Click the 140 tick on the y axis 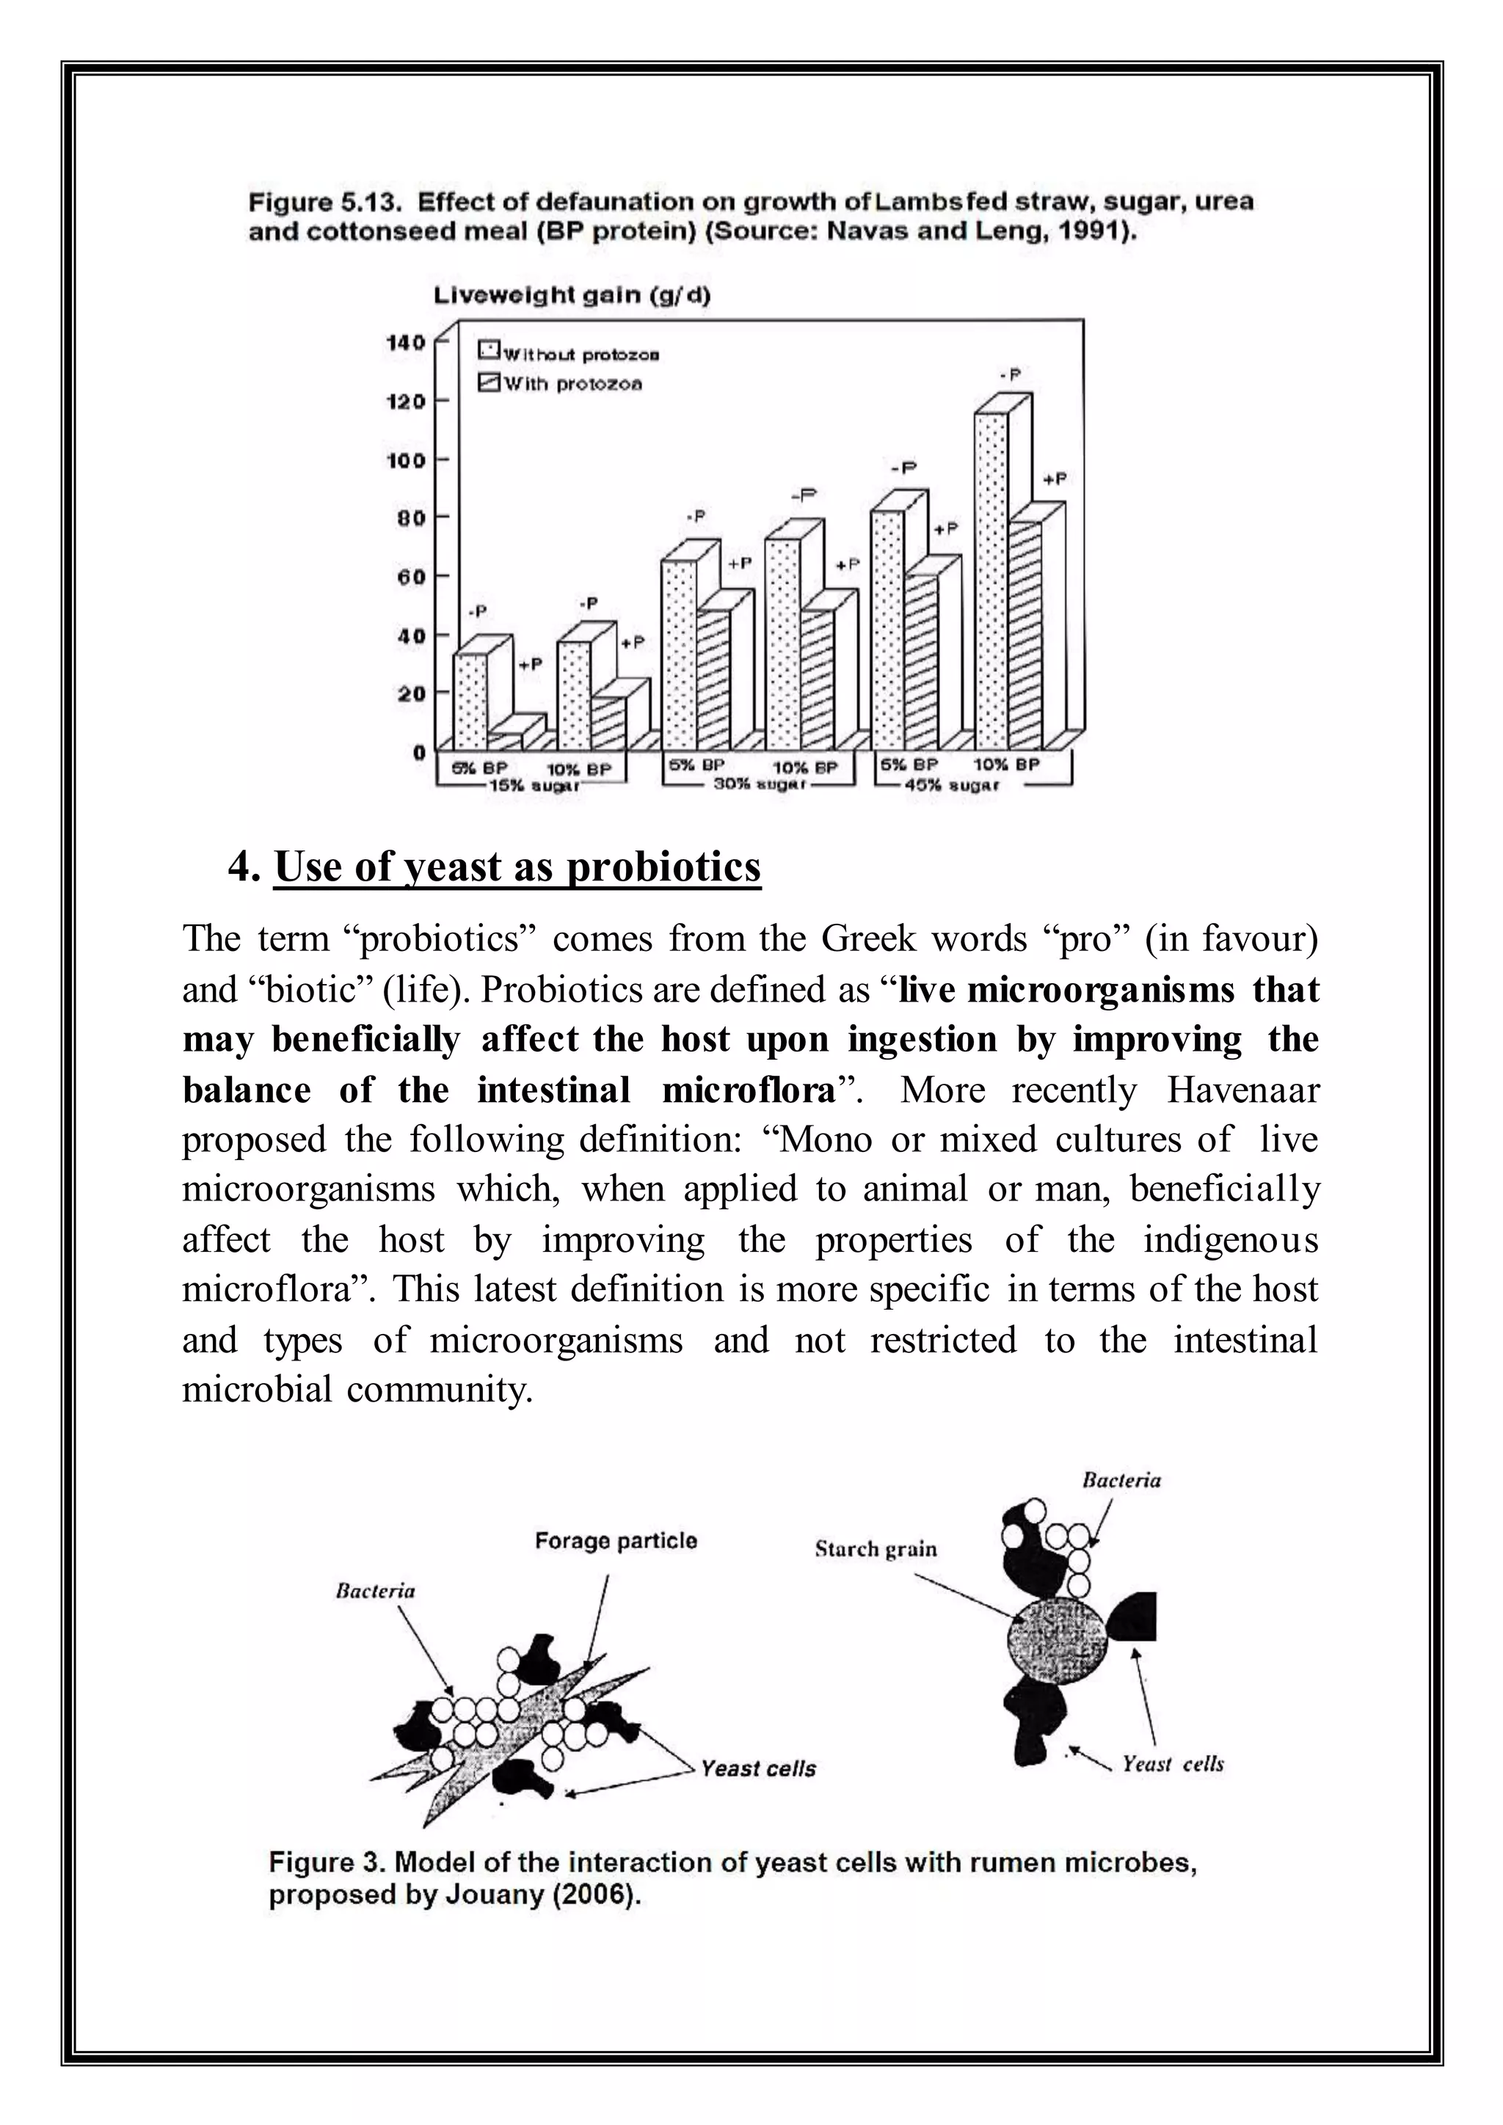(405, 343)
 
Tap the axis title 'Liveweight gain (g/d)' (572, 296)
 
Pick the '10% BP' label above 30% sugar (804, 768)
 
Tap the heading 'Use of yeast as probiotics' (517, 867)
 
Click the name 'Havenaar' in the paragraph (1242, 1090)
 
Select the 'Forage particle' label (616, 1541)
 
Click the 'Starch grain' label (876, 1549)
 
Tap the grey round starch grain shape (1056, 1640)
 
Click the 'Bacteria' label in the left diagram (375, 1591)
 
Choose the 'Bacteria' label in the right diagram (1121, 1481)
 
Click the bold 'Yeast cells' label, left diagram (758, 1768)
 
